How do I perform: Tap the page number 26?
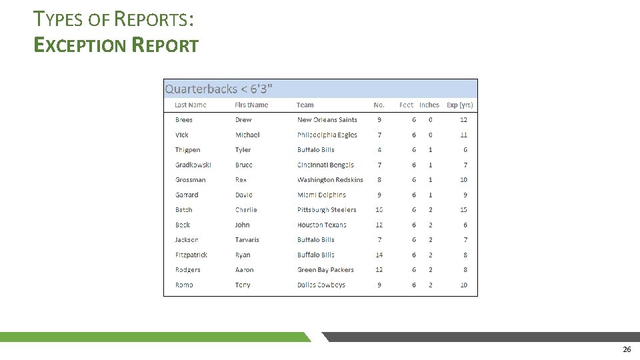pos(626,349)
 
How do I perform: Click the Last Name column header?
pos(191,105)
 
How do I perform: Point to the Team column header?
pos(305,105)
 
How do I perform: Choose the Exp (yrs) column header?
pos(459,105)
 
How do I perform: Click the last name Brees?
pos(184,120)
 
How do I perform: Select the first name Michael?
pos(247,135)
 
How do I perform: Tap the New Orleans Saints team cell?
pos(327,120)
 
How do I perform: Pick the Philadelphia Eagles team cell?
pos(327,135)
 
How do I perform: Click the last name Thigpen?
pos(187,150)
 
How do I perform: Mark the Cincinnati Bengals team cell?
pos(325,165)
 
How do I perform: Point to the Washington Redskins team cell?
pos(330,180)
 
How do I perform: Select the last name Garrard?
pos(187,195)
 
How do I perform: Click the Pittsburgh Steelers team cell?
pos(327,210)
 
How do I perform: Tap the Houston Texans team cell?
pos(322,225)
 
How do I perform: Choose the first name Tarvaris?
pos(247,240)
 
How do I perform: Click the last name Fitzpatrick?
pos(191,255)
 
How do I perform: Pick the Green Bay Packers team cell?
pos(325,270)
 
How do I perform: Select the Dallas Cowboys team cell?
pos(321,285)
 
